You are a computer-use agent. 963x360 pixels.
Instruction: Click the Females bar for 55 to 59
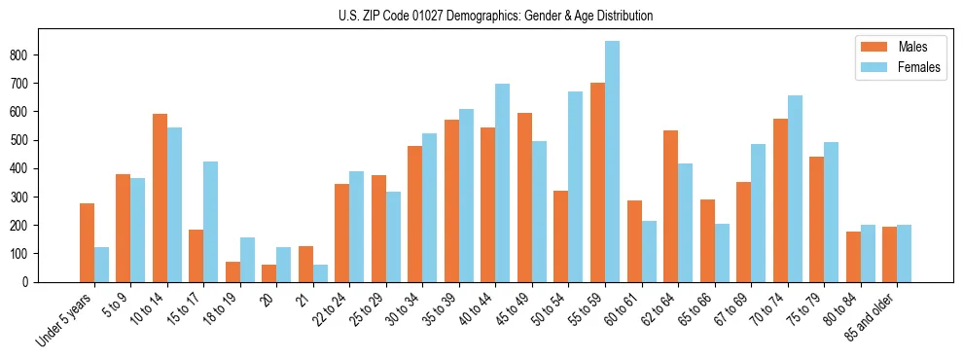point(612,162)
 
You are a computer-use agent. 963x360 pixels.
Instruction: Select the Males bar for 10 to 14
point(160,198)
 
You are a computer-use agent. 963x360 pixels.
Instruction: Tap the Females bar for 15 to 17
point(211,222)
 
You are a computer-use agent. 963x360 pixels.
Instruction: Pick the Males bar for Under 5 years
point(87,242)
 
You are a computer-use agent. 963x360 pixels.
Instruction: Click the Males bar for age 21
point(305,264)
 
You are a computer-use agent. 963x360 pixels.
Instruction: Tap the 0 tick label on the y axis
point(29,282)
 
